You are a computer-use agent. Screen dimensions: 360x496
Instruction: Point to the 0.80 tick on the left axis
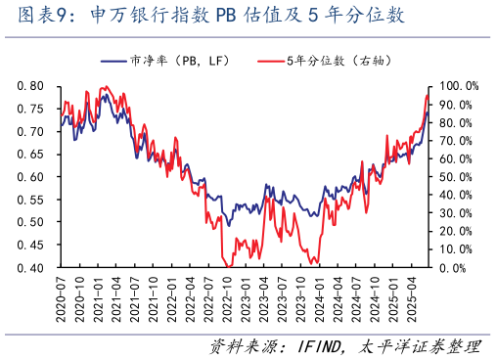tap(29, 86)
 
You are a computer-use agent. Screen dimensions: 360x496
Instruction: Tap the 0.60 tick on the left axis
tap(29, 177)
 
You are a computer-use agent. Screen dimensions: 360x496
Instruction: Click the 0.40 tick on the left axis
tap(29, 267)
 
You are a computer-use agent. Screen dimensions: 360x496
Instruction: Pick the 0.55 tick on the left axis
tap(29, 200)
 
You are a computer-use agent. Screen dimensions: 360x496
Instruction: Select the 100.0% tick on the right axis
tap(457, 86)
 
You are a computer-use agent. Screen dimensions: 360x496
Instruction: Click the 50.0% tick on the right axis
tap(457, 177)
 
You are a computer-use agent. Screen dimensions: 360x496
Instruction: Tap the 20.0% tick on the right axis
tap(457, 231)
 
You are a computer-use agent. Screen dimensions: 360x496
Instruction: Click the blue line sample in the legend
tap(114, 61)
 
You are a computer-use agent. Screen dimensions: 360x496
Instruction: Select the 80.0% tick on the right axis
tap(457, 122)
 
